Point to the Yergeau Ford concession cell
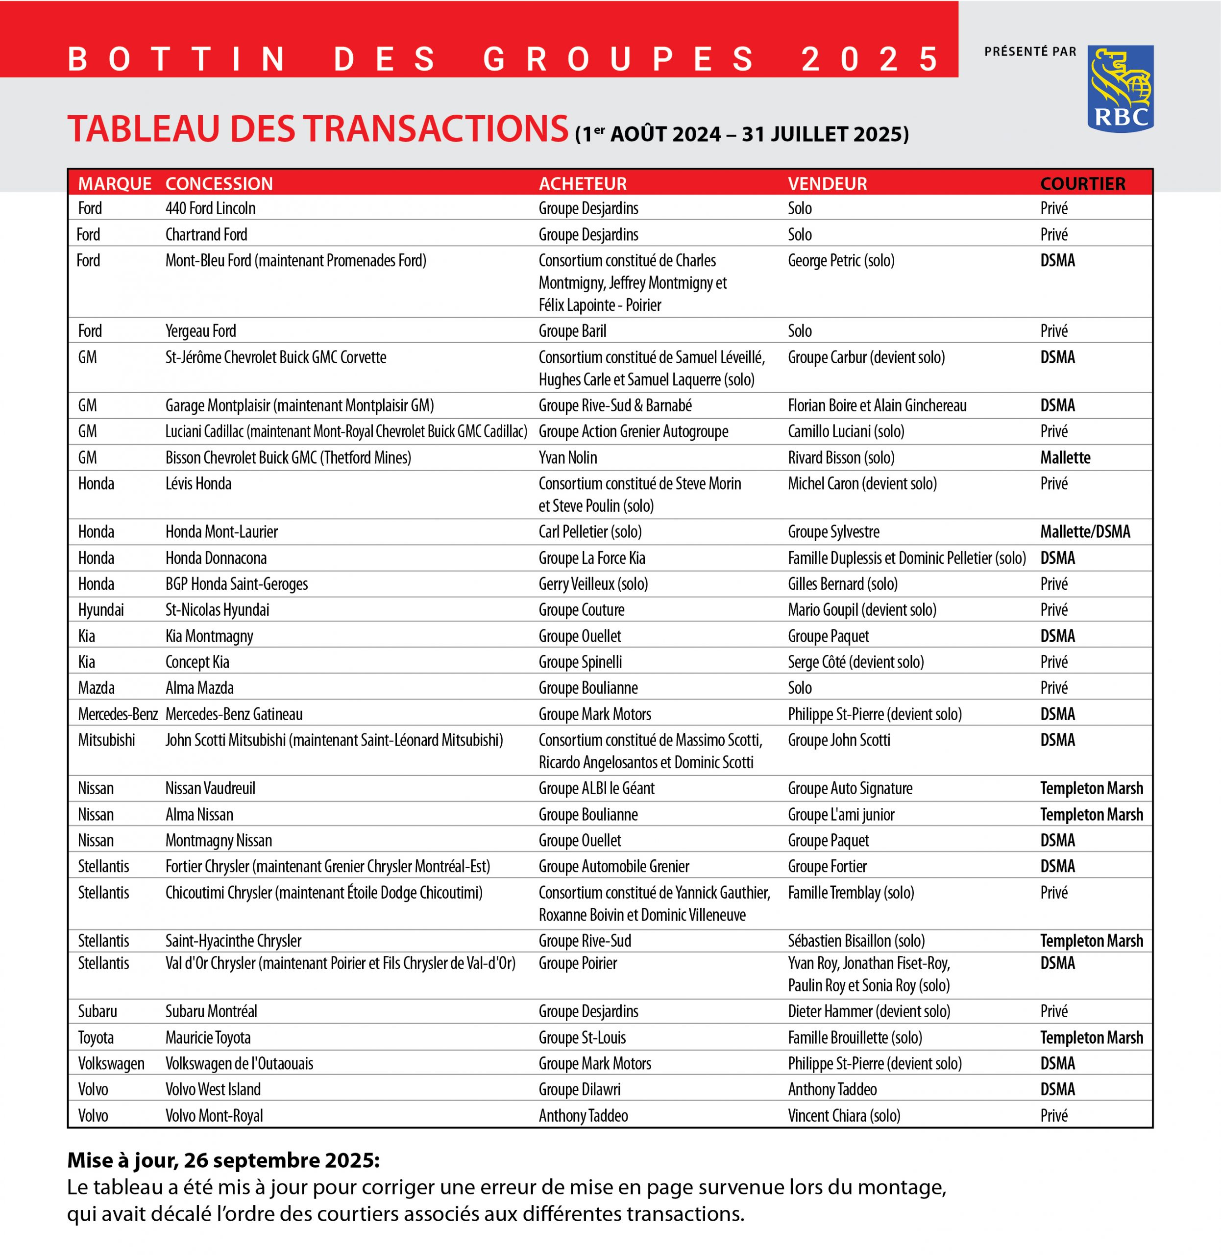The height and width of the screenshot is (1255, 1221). click(x=201, y=331)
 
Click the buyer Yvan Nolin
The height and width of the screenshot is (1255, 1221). click(x=567, y=457)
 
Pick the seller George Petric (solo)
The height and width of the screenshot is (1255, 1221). click(x=841, y=260)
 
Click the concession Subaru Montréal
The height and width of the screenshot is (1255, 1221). click(x=211, y=1011)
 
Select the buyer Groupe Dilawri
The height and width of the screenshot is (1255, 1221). click(x=579, y=1089)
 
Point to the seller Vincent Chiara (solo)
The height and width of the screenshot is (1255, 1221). click(x=844, y=1115)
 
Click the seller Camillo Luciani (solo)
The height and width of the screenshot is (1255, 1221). click(x=846, y=431)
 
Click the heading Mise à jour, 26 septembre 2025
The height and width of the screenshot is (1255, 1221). click(x=223, y=1160)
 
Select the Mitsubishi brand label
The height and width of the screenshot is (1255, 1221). click(x=106, y=740)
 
